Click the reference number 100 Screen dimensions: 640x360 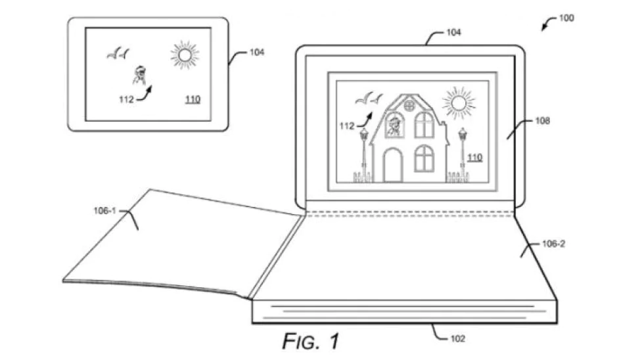coord(566,18)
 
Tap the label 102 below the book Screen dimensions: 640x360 coord(457,339)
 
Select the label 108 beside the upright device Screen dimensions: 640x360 coord(543,121)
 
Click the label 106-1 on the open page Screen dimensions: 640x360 coord(105,211)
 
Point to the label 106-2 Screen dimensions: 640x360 coord(553,244)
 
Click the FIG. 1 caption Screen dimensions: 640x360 coord(311,341)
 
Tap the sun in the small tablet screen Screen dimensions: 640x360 coord(185,55)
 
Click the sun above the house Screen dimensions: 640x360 coord(459,103)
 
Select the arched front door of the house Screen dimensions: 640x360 coord(393,165)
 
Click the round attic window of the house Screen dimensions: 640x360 coord(409,105)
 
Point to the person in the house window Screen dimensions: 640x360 coord(394,126)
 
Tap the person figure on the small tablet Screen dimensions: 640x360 coord(140,75)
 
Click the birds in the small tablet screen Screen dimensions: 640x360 coord(118,53)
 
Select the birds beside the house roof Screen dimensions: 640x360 coord(369,99)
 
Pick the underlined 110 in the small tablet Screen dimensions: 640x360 coord(193,100)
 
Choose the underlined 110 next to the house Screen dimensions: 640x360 coord(474,158)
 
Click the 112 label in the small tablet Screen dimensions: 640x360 coord(126,100)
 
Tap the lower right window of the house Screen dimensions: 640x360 coord(424,158)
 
